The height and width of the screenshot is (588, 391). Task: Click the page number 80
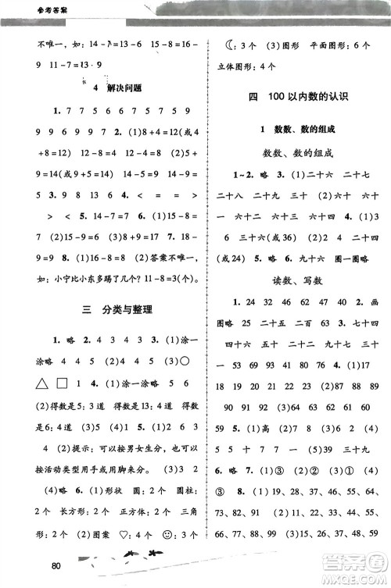point(55,565)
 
